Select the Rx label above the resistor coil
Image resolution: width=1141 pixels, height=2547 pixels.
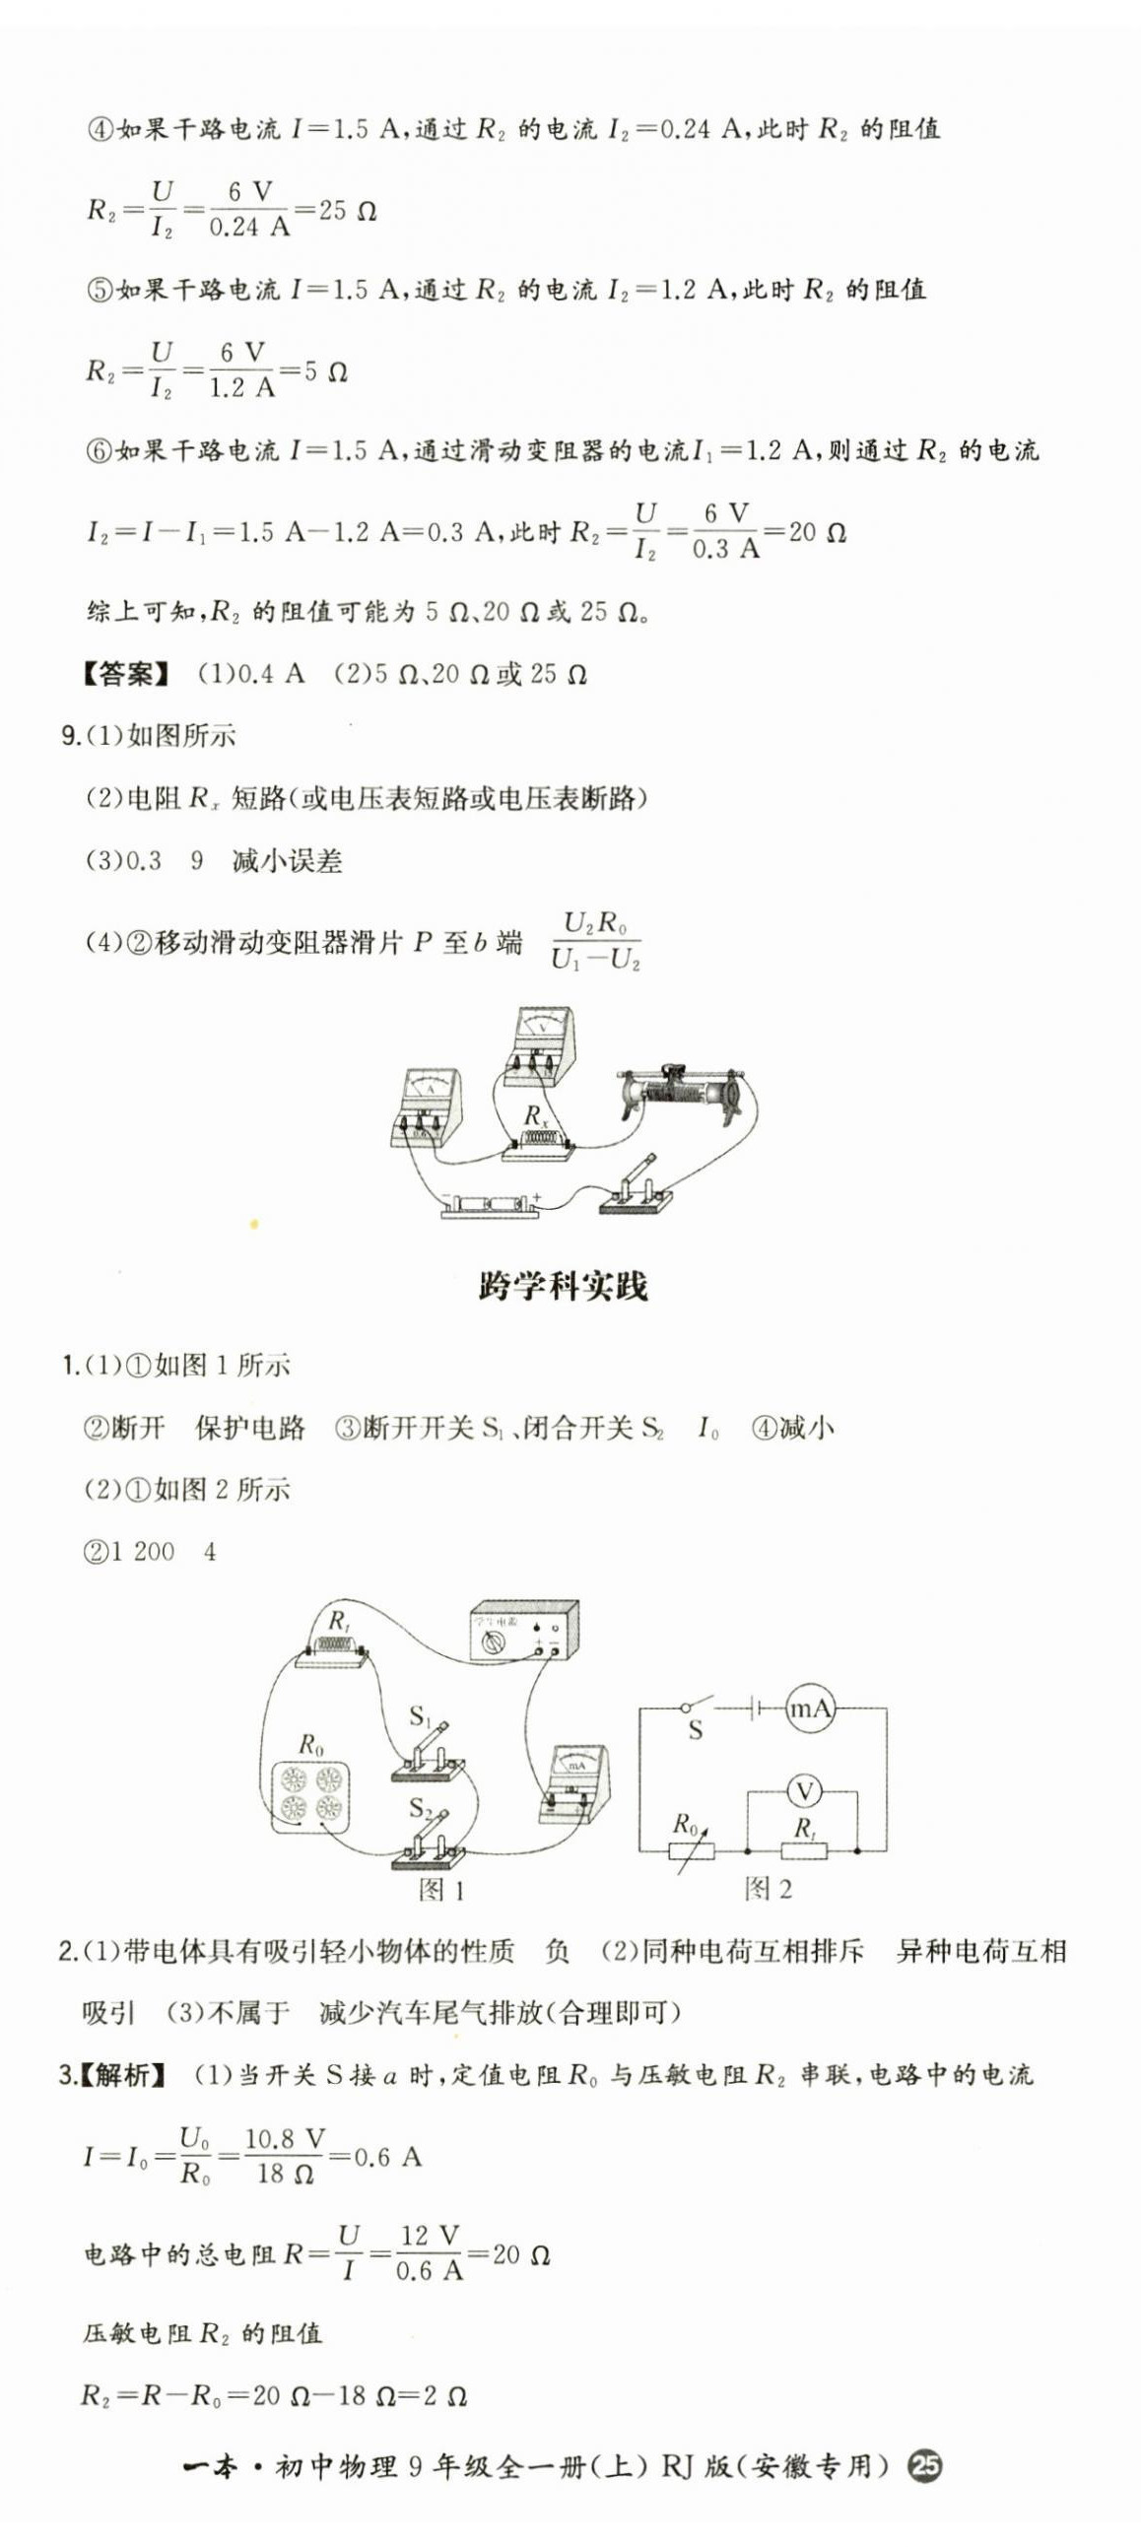tap(535, 1116)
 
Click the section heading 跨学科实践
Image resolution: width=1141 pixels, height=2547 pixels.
tap(563, 1287)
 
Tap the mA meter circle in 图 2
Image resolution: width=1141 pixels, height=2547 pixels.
tap(810, 1708)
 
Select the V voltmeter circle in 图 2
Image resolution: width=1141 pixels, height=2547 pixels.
tap(805, 1790)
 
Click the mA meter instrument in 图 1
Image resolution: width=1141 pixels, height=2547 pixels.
tap(574, 1780)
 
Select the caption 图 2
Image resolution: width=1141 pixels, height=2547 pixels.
tap(768, 1890)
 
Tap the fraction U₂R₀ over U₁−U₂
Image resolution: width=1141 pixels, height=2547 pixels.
tap(595, 941)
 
